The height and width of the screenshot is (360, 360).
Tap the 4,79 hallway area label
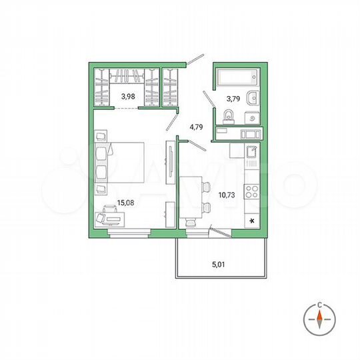tap(195, 125)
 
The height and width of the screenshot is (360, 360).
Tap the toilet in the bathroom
tap(228, 117)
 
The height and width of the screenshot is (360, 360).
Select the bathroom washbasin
tap(250, 98)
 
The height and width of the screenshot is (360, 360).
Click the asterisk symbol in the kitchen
tap(251, 219)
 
